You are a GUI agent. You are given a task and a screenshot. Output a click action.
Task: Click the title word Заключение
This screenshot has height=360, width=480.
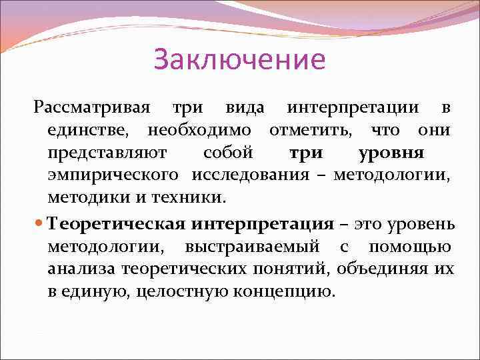[239, 59]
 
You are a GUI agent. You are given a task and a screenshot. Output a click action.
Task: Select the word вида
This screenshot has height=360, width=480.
[244, 107]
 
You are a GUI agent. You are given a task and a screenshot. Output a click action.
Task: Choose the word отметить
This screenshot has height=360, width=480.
[309, 130]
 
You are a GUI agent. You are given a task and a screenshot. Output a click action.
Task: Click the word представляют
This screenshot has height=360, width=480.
[107, 153]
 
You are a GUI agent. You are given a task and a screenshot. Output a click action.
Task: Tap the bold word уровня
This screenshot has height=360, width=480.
[391, 153]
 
